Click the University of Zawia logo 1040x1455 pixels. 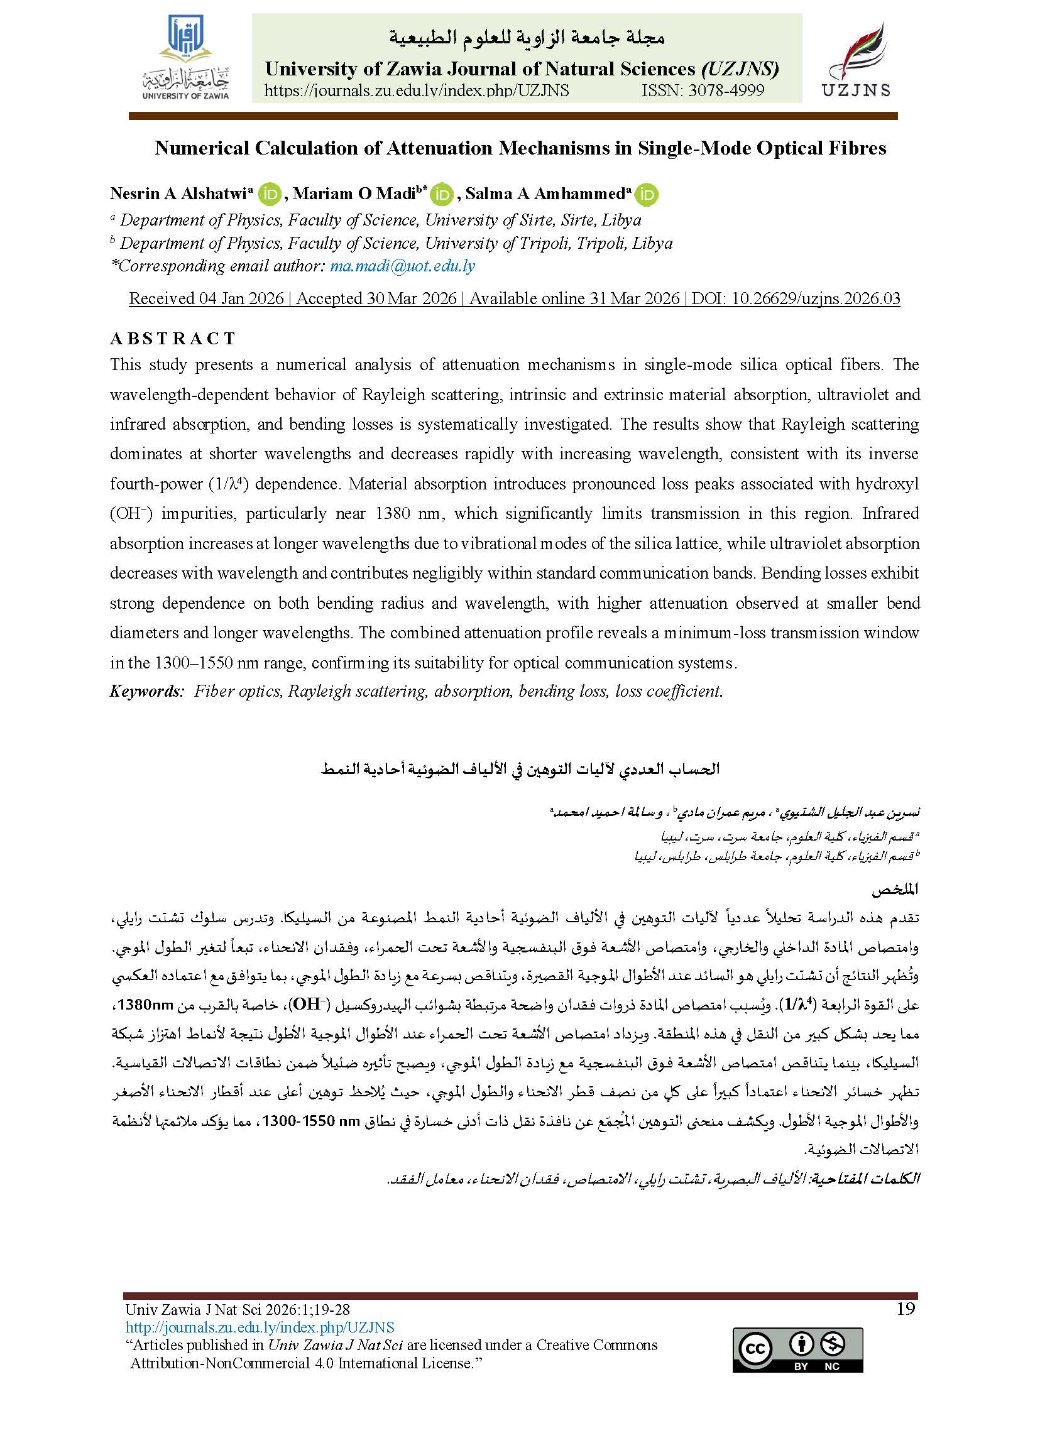(x=185, y=57)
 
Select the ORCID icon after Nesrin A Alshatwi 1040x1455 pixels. (x=271, y=194)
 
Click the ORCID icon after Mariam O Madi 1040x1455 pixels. (x=442, y=194)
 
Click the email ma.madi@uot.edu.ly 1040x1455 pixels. (x=402, y=266)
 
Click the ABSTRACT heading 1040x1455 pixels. (x=173, y=338)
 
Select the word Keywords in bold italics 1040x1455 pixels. (x=146, y=690)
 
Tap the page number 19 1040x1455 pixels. (x=906, y=1309)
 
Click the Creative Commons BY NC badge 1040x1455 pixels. (x=797, y=1351)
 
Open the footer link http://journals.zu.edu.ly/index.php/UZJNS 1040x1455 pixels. (x=260, y=1327)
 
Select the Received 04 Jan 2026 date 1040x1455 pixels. (x=206, y=298)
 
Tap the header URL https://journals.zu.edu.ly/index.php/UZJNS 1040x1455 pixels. (x=416, y=90)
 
